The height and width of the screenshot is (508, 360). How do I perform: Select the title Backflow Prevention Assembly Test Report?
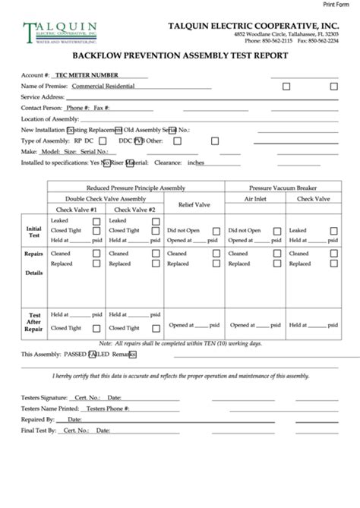[179, 55]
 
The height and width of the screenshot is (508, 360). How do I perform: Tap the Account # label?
[36, 76]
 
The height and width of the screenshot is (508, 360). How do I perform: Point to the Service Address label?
[42, 97]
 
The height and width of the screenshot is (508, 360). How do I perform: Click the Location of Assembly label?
[49, 119]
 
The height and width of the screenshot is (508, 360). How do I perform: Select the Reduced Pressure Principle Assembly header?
[135, 187]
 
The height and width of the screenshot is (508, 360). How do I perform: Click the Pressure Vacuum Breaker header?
[283, 187]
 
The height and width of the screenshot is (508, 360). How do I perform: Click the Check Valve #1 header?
[77, 209]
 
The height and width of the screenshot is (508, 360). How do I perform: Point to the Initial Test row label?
[34, 231]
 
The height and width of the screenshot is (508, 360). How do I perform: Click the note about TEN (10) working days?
[179, 343]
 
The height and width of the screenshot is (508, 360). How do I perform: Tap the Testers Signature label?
[45, 397]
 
